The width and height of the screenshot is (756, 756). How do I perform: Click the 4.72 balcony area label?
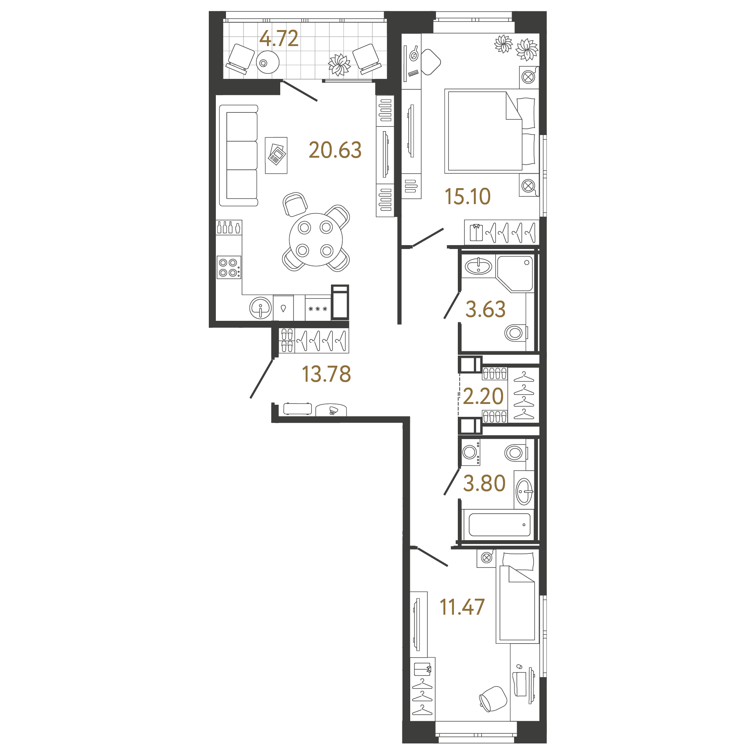(x=279, y=38)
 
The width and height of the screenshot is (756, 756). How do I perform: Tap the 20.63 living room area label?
(x=335, y=150)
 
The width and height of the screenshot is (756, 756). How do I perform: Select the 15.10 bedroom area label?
(x=468, y=196)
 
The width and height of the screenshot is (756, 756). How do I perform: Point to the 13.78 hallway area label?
(x=326, y=374)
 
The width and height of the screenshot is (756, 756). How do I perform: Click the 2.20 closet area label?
(x=483, y=396)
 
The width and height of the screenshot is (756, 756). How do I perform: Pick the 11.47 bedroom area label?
(x=462, y=607)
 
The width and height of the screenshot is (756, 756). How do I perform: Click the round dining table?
(x=315, y=239)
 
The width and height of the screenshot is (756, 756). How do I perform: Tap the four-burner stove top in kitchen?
(x=229, y=267)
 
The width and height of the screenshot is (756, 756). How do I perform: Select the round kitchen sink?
(x=261, y=308)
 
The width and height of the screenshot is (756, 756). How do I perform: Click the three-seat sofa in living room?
(x=239, y=155)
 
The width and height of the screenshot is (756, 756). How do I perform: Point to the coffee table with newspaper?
(x=276, y=155)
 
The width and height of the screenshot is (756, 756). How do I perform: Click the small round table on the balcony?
(x=268, y=62)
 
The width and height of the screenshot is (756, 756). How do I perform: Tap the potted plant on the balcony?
(x=339, y=64)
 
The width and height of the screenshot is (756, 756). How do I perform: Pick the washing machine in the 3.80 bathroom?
(x=471, y=452)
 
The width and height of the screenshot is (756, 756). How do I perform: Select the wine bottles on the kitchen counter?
(x=229, y=228)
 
